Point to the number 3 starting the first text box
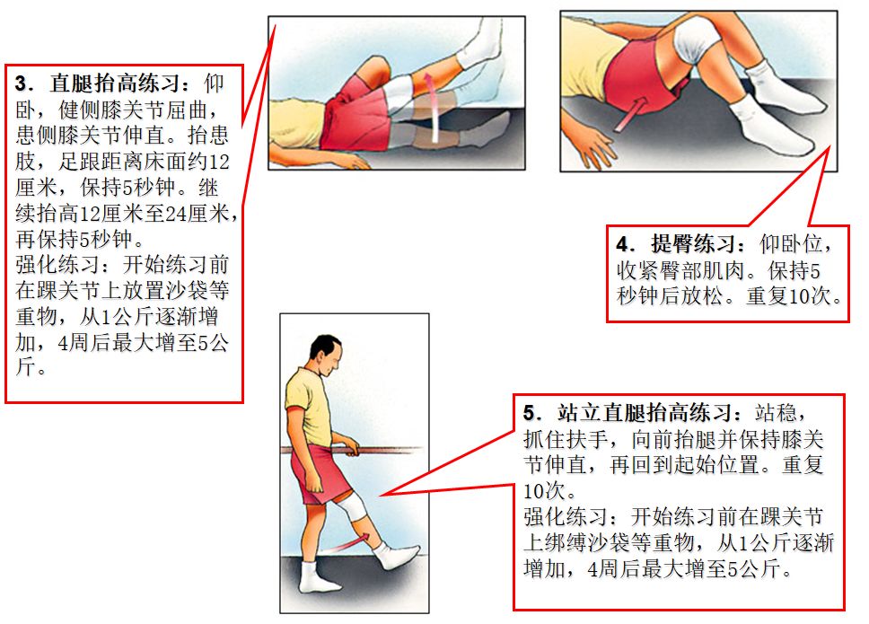22,84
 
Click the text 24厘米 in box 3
197,215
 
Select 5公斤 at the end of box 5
760,568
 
